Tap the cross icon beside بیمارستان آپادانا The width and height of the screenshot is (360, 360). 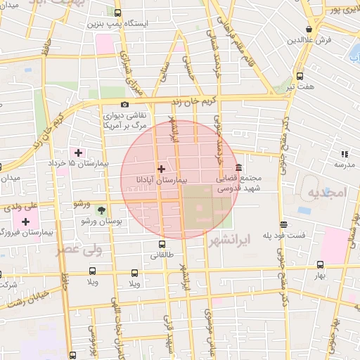coord(162,169)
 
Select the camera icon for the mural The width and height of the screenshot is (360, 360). coord(125,105)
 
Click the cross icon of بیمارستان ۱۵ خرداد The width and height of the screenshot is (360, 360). coord(78,153)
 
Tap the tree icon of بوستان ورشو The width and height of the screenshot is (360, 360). coord(102,210)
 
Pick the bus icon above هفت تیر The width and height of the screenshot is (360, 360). coord(300,75)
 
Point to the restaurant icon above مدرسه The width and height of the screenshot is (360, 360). coord(345,154)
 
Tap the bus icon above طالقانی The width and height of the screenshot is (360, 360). coord(162,245)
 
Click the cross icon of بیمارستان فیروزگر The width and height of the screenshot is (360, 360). coord(25,221)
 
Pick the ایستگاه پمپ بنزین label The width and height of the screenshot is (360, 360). coord(123,23)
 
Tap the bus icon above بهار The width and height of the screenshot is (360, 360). coord(321,265)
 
